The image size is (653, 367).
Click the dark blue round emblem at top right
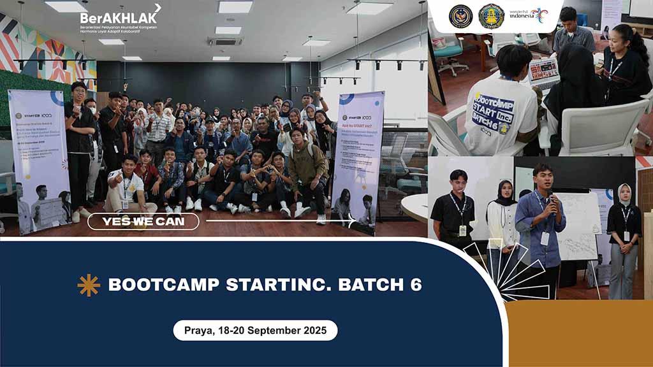pyautogui.click(x=460, y=16)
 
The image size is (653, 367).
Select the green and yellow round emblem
pyautogui.click(x=491, y=16)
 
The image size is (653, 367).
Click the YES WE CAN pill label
pyautogui.click(x=143, y=222)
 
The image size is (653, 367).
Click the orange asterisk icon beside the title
pyautogui.click(x=89, y=285)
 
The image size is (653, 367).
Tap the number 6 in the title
pyautogui.click(x=416, y=285)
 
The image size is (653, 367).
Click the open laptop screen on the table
pyautogui.click(x=544, y=71)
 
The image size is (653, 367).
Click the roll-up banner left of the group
pyautogui.click(x=39, y=159)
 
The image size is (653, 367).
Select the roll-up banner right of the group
pyautogui.click(x=358, y=159)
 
